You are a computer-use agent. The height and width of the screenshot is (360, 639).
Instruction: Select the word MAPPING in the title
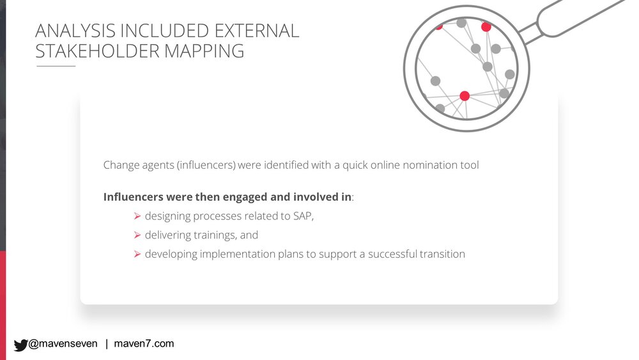[204, 51]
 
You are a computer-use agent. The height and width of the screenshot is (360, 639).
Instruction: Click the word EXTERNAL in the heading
[257, 31]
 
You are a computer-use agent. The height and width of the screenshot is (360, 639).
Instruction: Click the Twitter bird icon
[20, 345]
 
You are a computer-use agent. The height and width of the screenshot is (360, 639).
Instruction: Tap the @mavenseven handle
[63, 343]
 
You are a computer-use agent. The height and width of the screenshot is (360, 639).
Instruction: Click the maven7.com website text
[144, 343]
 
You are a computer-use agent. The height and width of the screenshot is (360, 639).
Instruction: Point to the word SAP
[303, 216]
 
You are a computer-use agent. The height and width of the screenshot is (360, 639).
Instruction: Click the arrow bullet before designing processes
[137, 216]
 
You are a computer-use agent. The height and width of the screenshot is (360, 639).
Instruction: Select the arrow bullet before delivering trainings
[137, 235]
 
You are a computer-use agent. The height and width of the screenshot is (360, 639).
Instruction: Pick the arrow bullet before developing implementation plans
[137, 254]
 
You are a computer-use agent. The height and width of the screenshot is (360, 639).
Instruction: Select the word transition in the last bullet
[442, 254]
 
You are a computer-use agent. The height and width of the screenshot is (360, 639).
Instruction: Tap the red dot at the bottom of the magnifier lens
[465, 96]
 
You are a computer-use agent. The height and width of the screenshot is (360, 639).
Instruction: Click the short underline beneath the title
[56, 66]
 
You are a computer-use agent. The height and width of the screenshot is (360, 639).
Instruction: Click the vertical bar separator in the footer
[107, 344]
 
